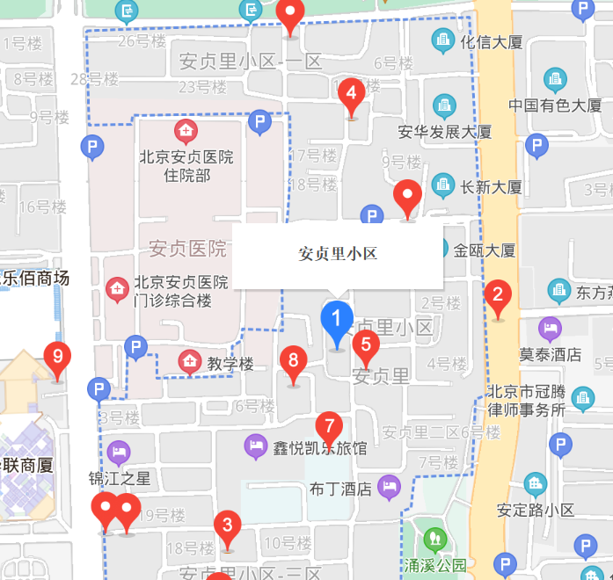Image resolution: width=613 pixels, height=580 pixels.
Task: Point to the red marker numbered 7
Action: coord(329,429)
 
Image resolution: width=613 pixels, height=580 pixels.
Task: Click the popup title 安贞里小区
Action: coord(338,254)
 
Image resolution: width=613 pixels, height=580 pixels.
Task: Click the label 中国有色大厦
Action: coord(554,105)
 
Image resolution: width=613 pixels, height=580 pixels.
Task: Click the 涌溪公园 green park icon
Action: coord(432,539)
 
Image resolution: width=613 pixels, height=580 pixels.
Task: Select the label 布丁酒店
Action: coord(341,489)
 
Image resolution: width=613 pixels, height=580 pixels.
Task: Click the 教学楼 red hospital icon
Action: coord(188,361)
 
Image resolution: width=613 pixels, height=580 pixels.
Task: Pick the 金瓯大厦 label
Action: coord(485,250)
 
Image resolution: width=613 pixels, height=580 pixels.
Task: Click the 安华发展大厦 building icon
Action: coord(445,107)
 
